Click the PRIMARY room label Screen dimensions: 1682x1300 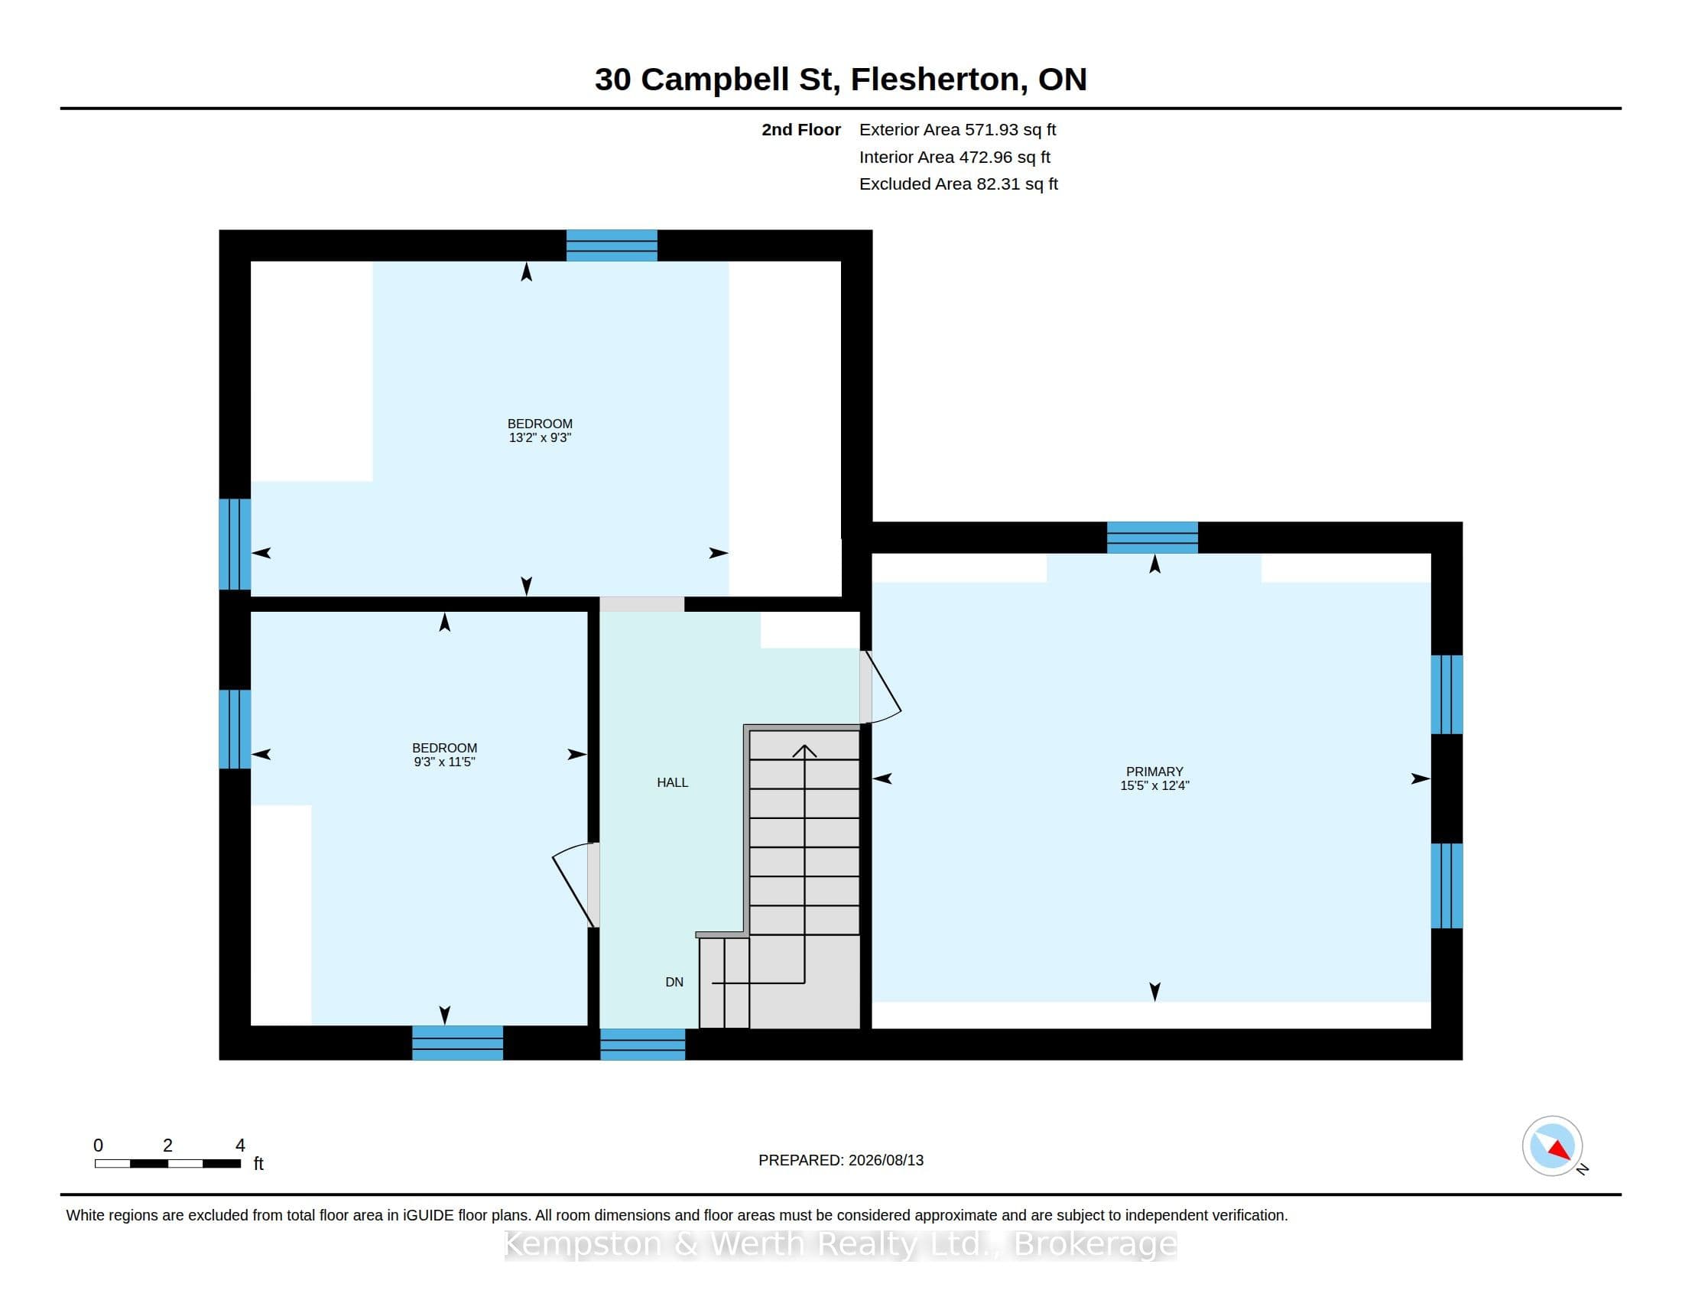click(1154, 772)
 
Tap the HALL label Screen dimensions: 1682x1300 click(672, 782)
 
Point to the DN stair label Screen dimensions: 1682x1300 click(674, 982)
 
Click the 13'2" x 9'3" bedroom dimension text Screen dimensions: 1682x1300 click(540, 437)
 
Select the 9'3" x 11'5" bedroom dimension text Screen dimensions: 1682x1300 click(444, 762)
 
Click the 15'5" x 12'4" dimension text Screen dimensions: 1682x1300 click(1154, 785)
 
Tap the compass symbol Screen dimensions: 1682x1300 click(1553, 1146)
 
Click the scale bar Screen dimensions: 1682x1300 click(168, 1163)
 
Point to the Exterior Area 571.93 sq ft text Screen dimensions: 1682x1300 click(957, 130)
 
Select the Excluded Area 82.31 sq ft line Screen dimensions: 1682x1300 click(959, 184)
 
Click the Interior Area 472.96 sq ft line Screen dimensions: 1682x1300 click(955, 157)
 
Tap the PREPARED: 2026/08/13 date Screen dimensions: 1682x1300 click(841, 1160)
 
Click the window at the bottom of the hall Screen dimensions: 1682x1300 click(642, 1045)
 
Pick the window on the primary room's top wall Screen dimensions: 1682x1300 click(1152, 538)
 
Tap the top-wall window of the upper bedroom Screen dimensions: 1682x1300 click(612, 245)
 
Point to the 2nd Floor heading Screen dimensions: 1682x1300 click(801, 130)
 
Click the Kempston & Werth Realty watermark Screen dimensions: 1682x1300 click(841, 1243)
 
